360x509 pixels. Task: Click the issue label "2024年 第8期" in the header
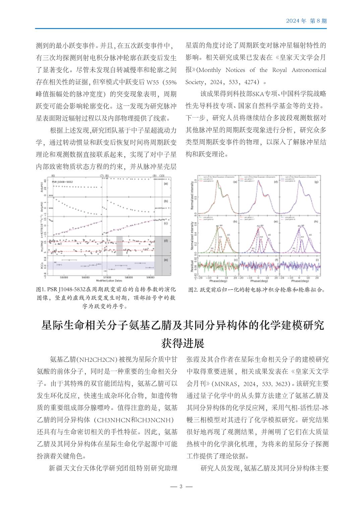306,21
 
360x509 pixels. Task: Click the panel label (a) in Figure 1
166,183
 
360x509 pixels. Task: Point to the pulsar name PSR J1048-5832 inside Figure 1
63,182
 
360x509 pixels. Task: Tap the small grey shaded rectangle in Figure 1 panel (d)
119,245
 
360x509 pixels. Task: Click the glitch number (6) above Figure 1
53,175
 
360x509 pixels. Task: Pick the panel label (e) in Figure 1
166,259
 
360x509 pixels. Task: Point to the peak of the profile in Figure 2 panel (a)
218,182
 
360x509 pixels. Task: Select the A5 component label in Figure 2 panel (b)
228,235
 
